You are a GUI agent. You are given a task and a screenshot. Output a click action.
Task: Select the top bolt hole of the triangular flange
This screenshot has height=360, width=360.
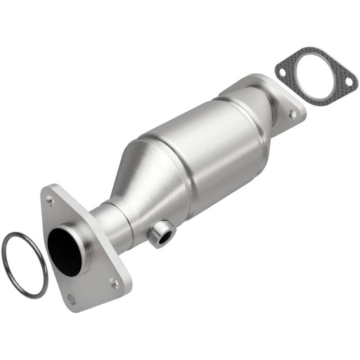[50, 201]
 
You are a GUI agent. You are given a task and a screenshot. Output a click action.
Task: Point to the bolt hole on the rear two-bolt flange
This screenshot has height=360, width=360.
[293, 114]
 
